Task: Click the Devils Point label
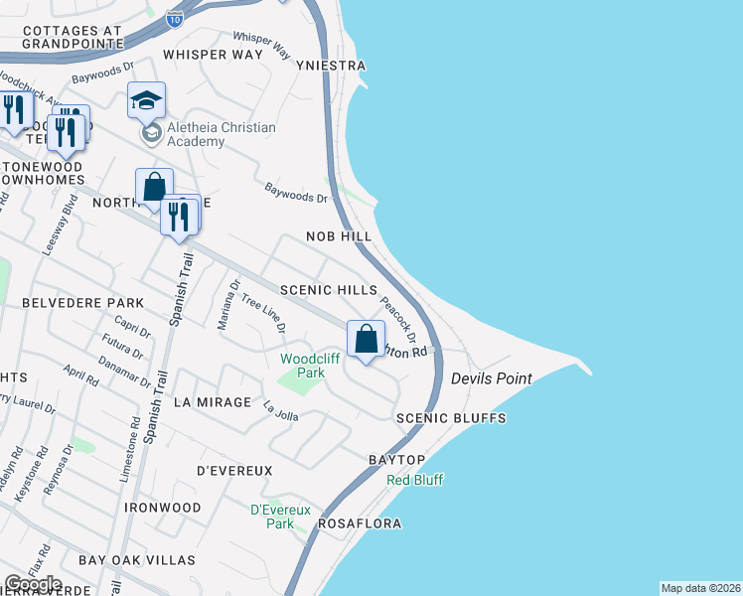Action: tap(491, 379)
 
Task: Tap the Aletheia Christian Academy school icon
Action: tap(146, 100)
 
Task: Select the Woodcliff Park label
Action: tap(303, 366)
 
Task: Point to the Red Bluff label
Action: tap(414, 480)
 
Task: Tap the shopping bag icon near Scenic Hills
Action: tap(367, 339)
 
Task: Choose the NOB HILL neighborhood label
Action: tap(339, 237)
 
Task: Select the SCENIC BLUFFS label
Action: tap(451, 419)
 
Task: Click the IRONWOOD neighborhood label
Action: tap(163, 508)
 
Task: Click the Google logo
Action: tap(33, 584)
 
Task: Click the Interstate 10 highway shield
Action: tap(175, 19)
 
